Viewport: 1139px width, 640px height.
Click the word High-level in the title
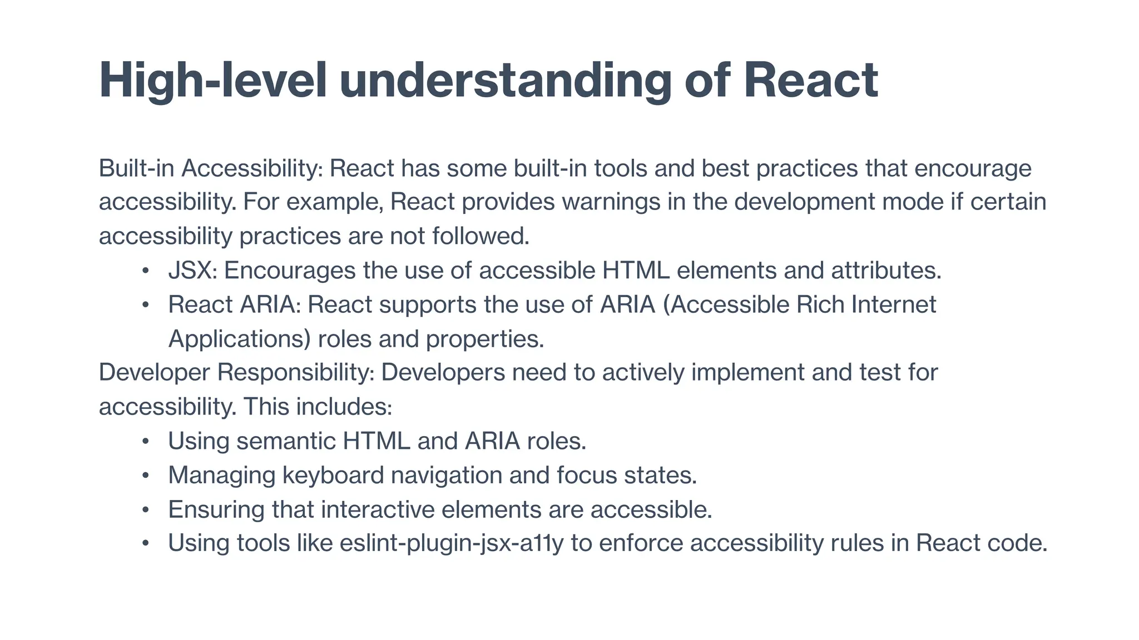point(212,81)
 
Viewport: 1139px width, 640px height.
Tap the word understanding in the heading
point(505,81)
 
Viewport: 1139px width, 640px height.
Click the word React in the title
point(810,81)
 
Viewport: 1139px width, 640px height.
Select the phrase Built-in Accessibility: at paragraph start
point(211,168)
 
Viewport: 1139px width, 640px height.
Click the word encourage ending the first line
point(972,168)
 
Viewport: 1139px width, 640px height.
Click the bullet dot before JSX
point(145,271)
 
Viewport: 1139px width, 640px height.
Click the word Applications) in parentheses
point(239,339)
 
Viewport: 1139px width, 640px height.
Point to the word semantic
point(286,442)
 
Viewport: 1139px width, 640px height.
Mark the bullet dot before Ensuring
point(145,510)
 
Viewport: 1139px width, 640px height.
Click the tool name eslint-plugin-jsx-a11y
point(451,543)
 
